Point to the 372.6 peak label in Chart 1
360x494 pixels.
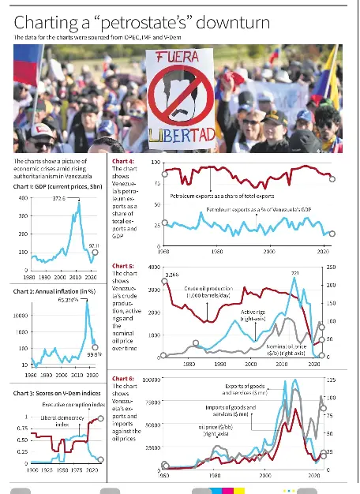58,198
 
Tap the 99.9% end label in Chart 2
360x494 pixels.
95,354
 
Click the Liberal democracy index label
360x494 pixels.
52,418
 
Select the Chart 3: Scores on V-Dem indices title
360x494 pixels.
58,393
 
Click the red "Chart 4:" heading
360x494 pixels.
123,161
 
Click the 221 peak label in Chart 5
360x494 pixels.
295,273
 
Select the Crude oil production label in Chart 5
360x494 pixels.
208,291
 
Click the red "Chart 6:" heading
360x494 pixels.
123,380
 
